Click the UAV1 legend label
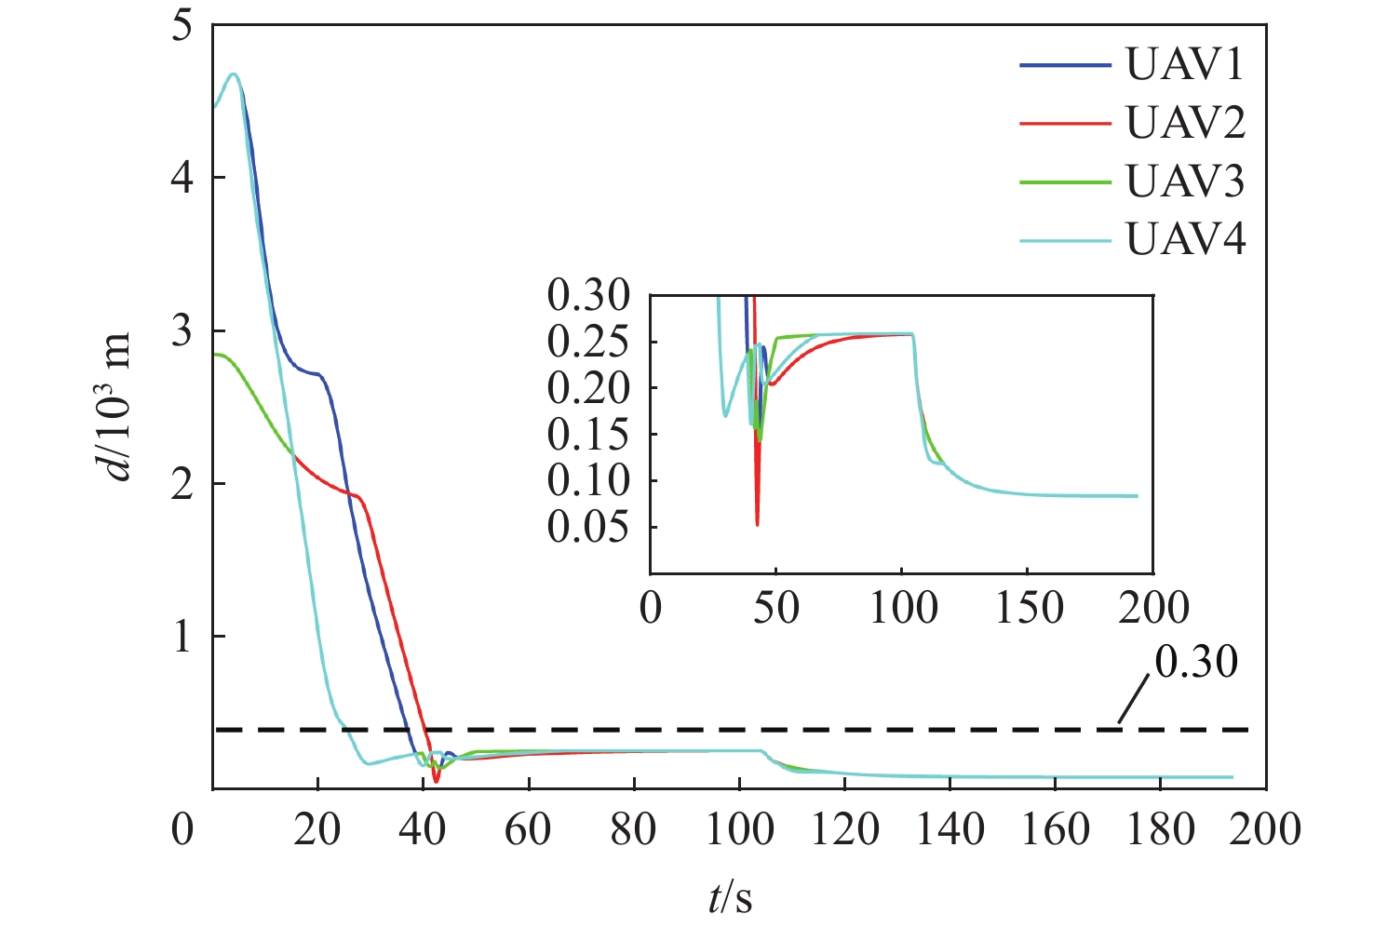(x=1185, y=65)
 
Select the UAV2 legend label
(x=1185, y=123)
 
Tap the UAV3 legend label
(x=1185, y=182)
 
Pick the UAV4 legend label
(x=1185, y=240)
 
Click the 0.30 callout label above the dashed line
(x=1196, y=662)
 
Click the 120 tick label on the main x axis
(x=844, y=829)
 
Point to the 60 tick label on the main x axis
(x=528, y=829)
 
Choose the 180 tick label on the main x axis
(x=1161, y=829)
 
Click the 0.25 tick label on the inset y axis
(x=588, y=343)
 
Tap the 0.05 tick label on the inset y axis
(x=588, y=528)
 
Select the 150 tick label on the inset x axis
(x=1028, y=609)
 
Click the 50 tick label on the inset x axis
(x=775, y=609)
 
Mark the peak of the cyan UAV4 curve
(x=234, y=74)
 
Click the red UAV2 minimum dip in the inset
(x=757, y=525)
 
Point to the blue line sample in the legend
(x=1065, y=66)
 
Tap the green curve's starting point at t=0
(x=215, y=354)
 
